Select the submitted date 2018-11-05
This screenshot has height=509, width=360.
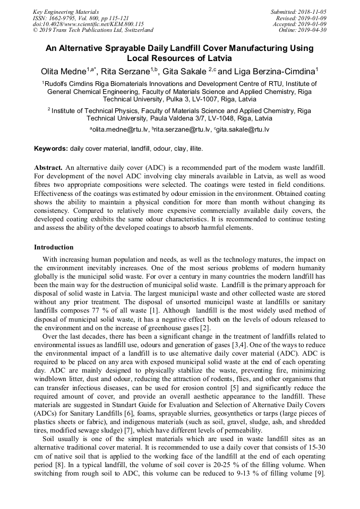click(x=312, y=12)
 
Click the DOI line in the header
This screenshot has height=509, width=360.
click(x=88, y=24)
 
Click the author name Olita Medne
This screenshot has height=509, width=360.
click(x=64, y=71)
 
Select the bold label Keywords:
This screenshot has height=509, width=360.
click(x=51, y=148)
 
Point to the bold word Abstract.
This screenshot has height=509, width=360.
click(x=48, y=167)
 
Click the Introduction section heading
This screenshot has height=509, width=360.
click(x=54, y=247)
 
